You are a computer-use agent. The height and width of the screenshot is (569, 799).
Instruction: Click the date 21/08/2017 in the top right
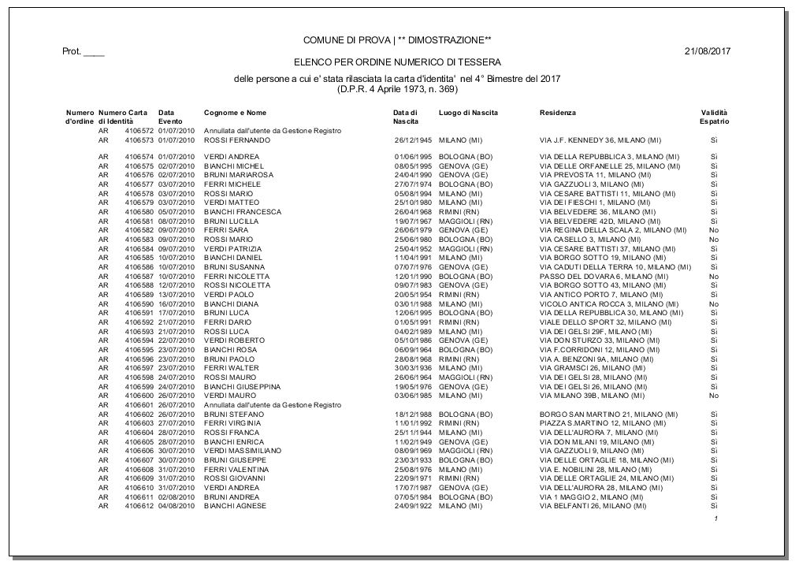coord(708,51)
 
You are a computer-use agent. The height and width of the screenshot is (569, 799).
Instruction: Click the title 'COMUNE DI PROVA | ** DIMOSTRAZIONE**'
coord(397,40)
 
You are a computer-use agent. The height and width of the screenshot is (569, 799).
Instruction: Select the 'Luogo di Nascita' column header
coord(468,113)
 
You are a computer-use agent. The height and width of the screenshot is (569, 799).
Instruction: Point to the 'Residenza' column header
coord(558,113)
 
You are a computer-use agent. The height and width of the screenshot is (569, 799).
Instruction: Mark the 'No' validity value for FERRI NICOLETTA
coord(713,277)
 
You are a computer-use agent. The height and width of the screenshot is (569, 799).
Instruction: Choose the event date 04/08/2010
coord(176,505)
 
